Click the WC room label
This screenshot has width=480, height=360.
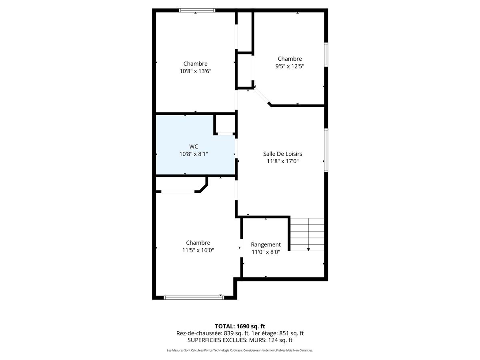194,146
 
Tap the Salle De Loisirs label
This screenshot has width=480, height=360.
282,154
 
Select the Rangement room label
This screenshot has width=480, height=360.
266,244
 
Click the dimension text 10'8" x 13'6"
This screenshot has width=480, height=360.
195,71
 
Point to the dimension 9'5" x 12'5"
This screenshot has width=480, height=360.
290,66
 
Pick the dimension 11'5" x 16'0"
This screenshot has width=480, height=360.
198,250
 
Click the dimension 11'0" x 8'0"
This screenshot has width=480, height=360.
266,252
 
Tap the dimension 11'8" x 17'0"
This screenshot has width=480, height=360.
282,161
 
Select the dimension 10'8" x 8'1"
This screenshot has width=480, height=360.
194,154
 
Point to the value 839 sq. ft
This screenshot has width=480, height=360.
236,333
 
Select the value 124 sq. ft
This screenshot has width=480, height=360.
280,340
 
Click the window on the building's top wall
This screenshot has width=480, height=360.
197,10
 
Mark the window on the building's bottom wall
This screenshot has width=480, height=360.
194,297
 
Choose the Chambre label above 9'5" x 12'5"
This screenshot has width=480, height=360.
290,59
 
